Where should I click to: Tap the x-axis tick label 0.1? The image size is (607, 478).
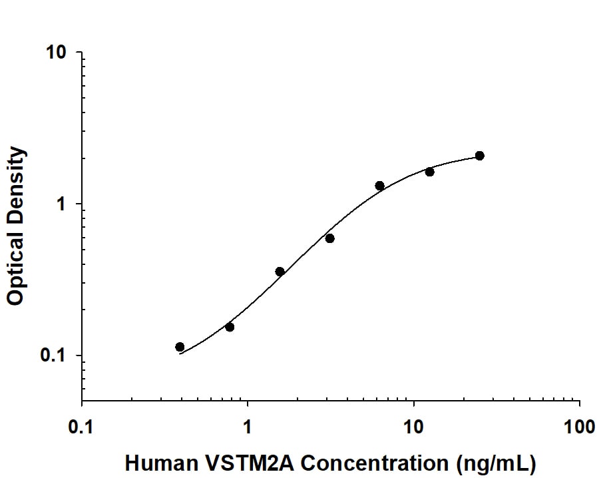coord(82,426)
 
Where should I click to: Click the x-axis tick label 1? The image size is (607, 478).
coord(248,426)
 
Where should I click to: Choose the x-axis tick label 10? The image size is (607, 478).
coord(414,426)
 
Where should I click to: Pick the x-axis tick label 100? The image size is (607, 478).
coord(579,426)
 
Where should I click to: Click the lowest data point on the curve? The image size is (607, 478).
coord(180,347)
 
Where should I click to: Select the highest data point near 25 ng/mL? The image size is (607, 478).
coord(479,156)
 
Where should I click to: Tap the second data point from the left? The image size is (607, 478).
coord(230,327)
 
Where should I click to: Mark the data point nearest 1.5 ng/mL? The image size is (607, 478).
coord(280,272)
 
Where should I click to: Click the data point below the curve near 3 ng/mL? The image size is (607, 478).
coord(329,238)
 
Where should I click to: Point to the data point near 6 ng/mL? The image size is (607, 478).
coord(379,186)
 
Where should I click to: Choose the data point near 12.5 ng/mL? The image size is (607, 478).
coord(429,172)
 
